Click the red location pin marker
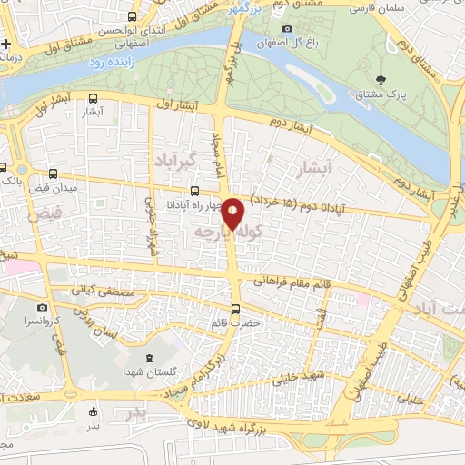233,213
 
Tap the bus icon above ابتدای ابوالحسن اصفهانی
134,16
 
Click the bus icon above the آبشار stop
94,99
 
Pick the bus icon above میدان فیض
53,174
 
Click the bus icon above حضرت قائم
236,309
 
